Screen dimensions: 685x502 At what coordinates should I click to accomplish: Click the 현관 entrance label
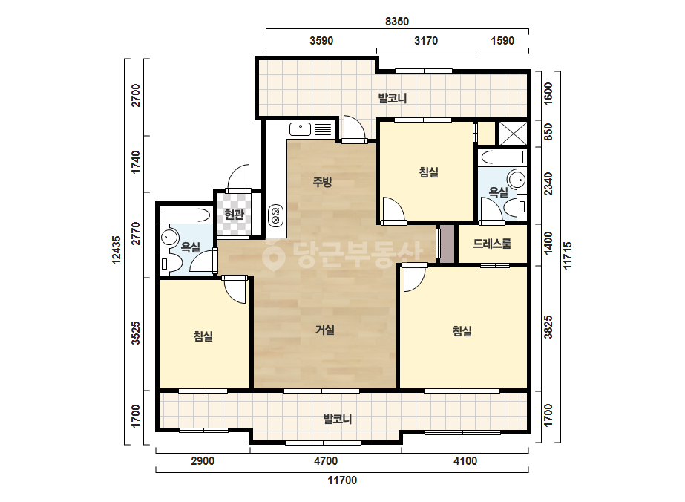tap(234, 215)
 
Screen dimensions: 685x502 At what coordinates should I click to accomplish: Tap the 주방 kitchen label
tap(322, 181)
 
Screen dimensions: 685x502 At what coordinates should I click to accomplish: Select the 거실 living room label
tap(325, 330)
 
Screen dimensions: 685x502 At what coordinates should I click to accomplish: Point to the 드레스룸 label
tap(492, 244)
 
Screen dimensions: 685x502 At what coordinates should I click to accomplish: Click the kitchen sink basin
tap(300, 129)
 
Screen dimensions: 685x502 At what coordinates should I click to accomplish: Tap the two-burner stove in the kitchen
tap(275, 216)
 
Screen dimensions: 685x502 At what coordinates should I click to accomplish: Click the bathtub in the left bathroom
tap(186, 215)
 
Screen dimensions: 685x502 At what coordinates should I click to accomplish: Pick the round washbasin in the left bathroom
tap(168, 238)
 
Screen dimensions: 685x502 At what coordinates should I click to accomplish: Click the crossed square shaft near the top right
tap(513, 133)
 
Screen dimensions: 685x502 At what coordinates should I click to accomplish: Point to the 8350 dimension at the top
tap(396, 21)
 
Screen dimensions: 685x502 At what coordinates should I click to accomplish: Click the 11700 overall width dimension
tap(343, 480)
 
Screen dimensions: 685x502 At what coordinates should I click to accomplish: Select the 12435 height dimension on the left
tap(117, 250)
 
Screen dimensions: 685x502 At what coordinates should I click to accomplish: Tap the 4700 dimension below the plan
tap(326, 461)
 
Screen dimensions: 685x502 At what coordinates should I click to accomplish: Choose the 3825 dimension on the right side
tap(548, 327)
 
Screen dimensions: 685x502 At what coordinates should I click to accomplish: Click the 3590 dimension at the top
tap(321, 41)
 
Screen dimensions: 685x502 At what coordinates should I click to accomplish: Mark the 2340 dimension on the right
tap(548, 184)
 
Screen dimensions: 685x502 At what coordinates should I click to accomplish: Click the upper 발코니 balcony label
tap(393, 98)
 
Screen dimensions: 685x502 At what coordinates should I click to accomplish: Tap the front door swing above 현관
tap(238, 177)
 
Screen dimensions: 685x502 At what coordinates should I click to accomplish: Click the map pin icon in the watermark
tap(273, 255)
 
